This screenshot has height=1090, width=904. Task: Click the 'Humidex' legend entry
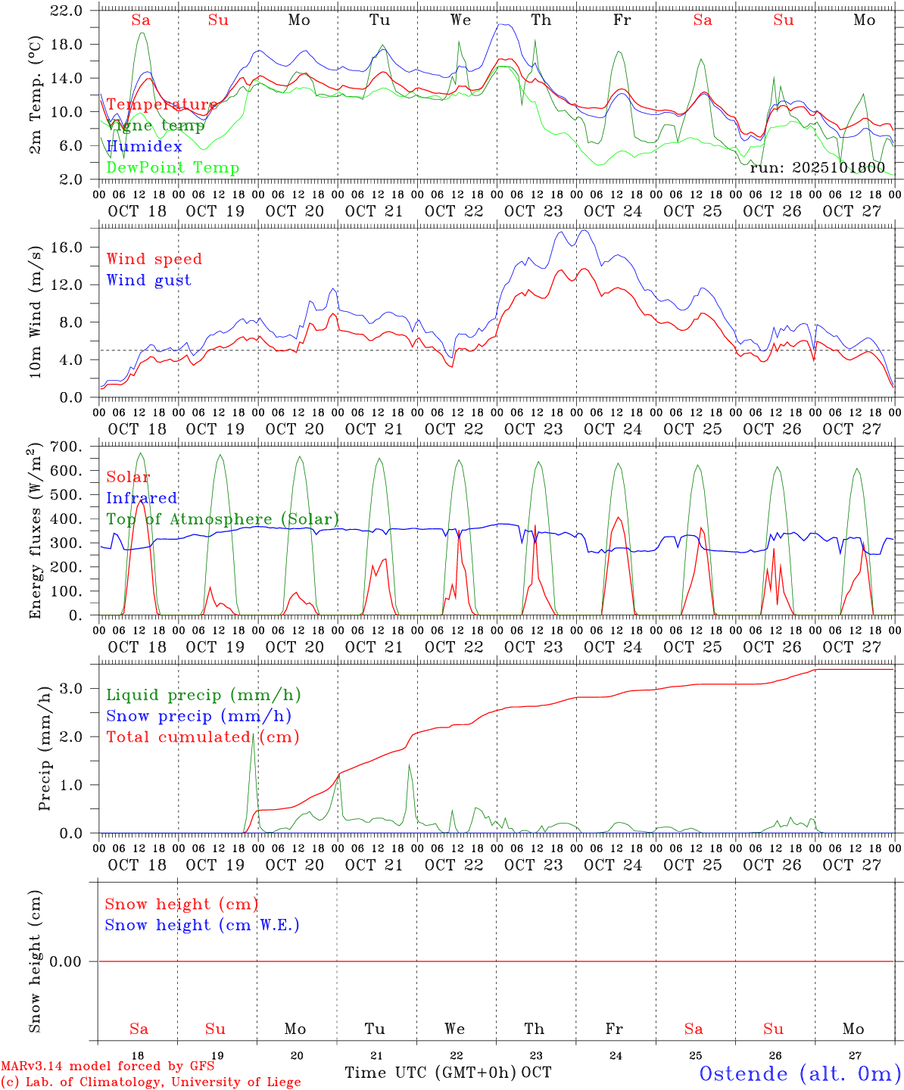144,147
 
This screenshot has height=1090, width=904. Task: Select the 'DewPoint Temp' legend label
173,168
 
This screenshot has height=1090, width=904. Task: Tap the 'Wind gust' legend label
148,280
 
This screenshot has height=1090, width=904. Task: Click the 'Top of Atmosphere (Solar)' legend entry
223,519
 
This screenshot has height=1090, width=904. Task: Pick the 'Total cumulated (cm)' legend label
202,737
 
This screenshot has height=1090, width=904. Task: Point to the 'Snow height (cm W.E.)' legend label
202,925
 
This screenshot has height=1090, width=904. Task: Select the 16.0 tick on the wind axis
77,247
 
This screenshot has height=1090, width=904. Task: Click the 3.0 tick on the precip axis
82,688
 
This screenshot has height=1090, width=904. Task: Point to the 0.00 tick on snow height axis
73,961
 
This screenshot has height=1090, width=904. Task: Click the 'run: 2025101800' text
817,167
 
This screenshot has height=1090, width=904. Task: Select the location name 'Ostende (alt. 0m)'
800,1073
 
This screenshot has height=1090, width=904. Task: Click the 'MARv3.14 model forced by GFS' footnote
107,1066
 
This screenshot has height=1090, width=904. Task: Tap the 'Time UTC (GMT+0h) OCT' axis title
447,1073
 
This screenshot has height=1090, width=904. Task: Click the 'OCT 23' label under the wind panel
534,429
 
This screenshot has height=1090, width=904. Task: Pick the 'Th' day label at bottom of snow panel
535,1029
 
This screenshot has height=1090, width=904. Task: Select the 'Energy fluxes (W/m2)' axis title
36,532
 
